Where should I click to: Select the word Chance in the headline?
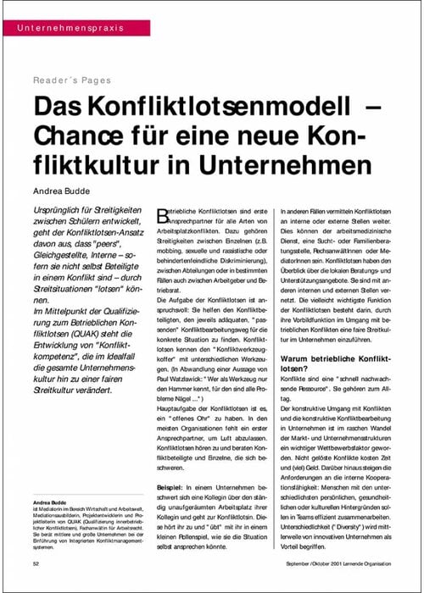(x=85, y=136)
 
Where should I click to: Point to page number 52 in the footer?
(x=37, y=563)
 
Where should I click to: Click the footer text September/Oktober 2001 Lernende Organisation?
(x=337, y=563)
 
